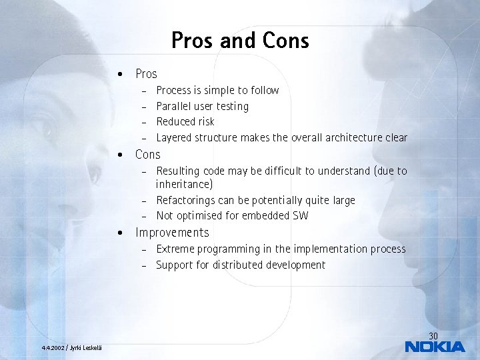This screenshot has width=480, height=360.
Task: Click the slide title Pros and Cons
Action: pos(240,41)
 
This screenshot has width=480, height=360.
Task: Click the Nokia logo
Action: pos(435,346)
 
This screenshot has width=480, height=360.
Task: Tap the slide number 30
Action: pos(433,335)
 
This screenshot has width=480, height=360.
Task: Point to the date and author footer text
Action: pos(71,347)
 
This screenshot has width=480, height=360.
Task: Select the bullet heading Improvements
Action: pos(172,233)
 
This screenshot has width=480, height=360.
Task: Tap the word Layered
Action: pos(174,137)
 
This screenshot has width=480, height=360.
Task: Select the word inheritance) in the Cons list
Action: pos(184,184)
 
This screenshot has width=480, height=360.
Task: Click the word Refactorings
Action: pos(187,200)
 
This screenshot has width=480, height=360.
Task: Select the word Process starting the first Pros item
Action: pos(173,90)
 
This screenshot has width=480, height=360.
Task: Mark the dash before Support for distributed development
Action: pos(143,265)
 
